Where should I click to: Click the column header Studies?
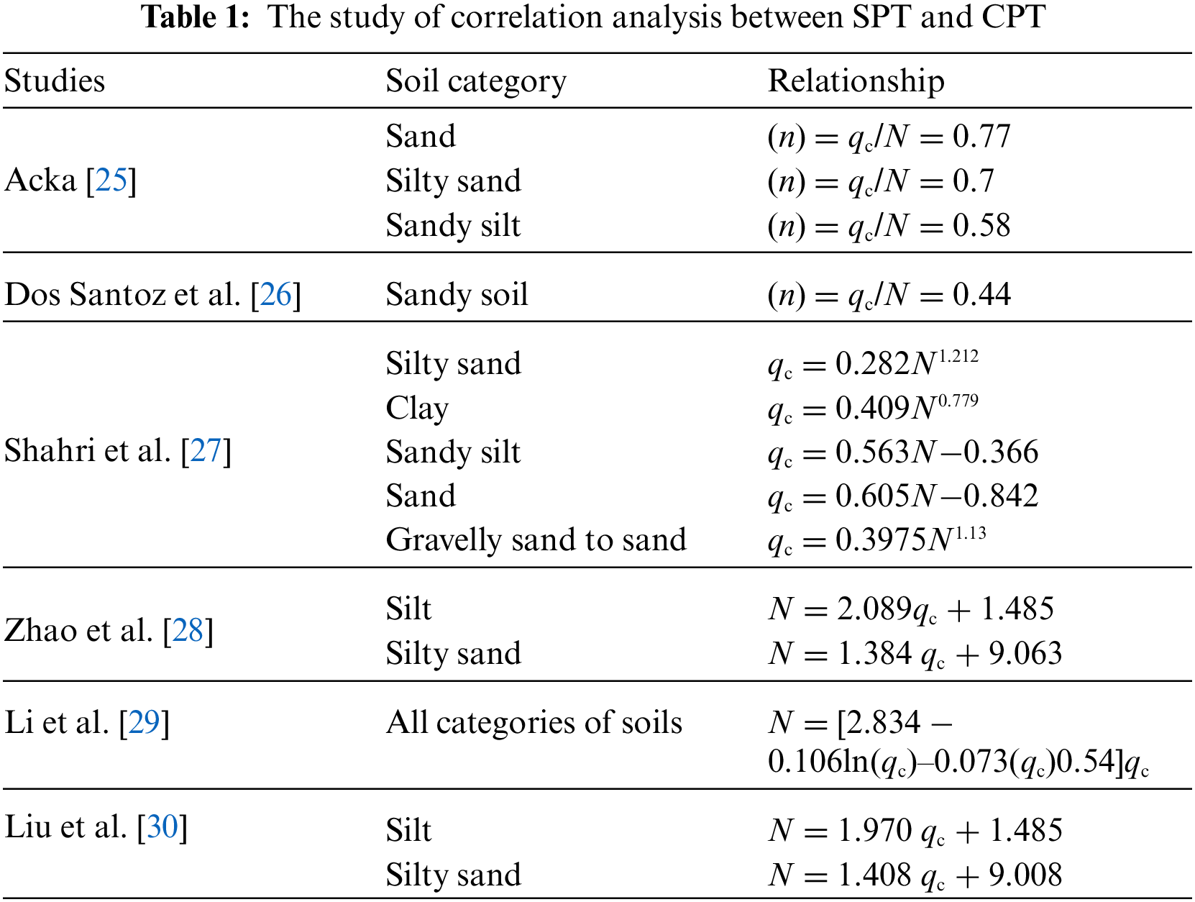pyautogui.click(x=55, y=81)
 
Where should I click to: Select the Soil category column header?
pyautogui.click(x=475, y=81)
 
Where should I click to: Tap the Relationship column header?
pyautogui.click(x=856, y=81)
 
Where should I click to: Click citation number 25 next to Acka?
pyautogui.click(x=111, y=180)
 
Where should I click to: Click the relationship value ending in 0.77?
pyautogui.click(x=889, y=136)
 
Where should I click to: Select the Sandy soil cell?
pyautogui.click(x=457, y=294)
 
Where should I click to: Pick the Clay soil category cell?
pyautogui.click(x=417, y=408)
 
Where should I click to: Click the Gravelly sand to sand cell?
pyautogui.click(x=536, y=539)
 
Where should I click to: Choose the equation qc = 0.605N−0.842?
pyautogui.click(x=902, y=496)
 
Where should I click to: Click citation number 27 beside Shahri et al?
pyautogui.click(x=206, y=451)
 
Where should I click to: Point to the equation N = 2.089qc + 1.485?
pyautogui.click(x=910, y=609)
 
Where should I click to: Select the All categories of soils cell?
pyautogui.click(x=534, y=722)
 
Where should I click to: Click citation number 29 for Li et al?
pyautogui.click(x=144, y=722)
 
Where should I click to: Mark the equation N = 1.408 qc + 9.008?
pyautogui.click(x=915, y=875)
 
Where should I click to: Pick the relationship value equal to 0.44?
pyautogui.click(x=889, y=294)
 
